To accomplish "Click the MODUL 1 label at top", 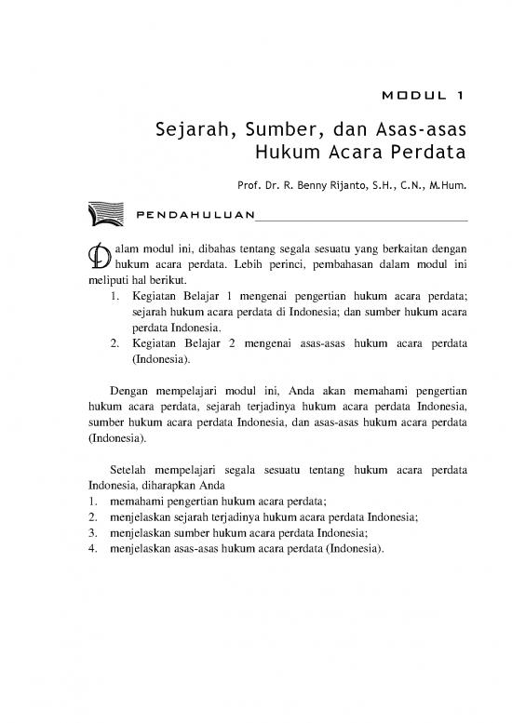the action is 423,95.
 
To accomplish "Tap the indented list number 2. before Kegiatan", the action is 114,346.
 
